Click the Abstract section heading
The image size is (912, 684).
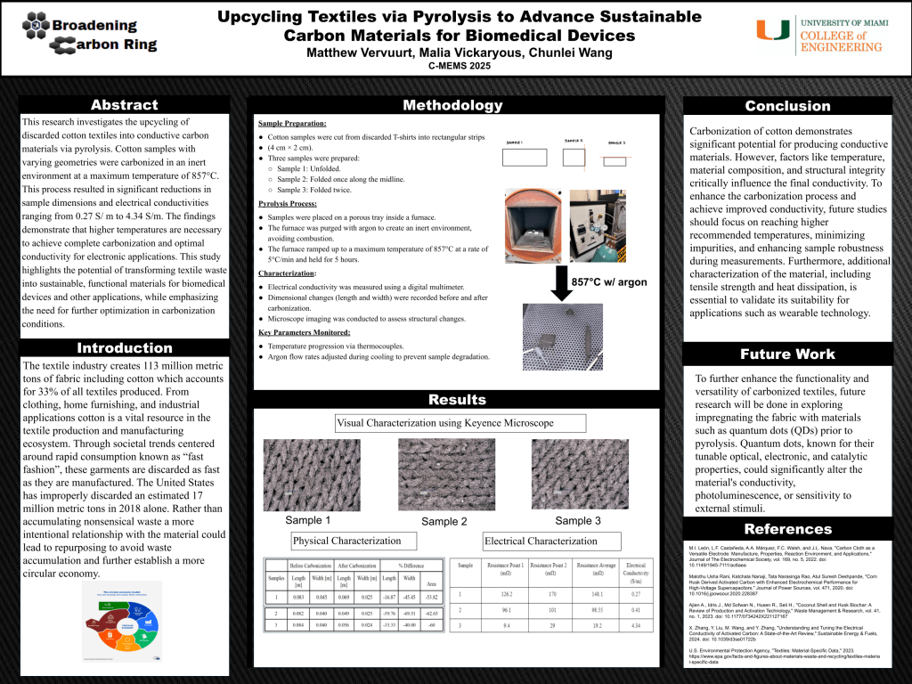[x=124, y=105]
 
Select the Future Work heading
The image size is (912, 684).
[x=788, y=354]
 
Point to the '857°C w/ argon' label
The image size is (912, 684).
[x=609, y=282]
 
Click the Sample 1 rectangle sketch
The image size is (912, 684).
[x=525, y=158]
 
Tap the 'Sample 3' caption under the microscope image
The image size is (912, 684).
[x=578, y=520]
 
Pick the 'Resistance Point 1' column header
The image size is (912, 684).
[x=503, y=570]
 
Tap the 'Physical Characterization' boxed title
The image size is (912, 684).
[x=348, y=541]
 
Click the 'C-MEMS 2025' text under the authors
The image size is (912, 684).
[x=459, y=66]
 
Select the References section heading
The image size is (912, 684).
[x=787, y=529]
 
